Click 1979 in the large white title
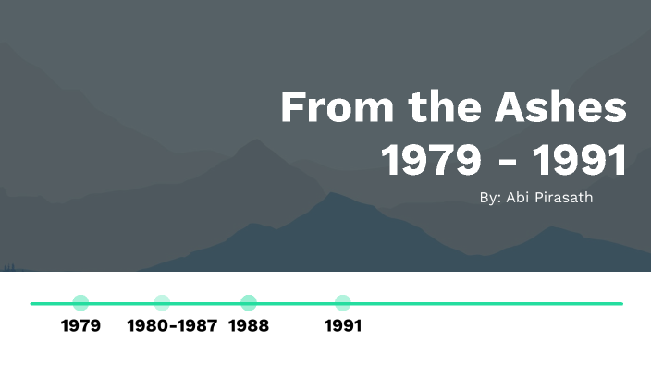point(431,160)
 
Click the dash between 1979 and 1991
point(507,163)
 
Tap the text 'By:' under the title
point(491,198)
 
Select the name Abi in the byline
point(517,198)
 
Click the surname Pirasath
point(565,198)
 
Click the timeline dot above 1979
point(80,302)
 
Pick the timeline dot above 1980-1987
point(162,302)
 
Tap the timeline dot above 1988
point(248,302)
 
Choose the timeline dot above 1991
point(342,302)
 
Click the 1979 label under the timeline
point(80,325)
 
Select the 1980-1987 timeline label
point(172,325)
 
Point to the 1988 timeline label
point(249,325)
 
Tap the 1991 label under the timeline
point(343,325)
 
